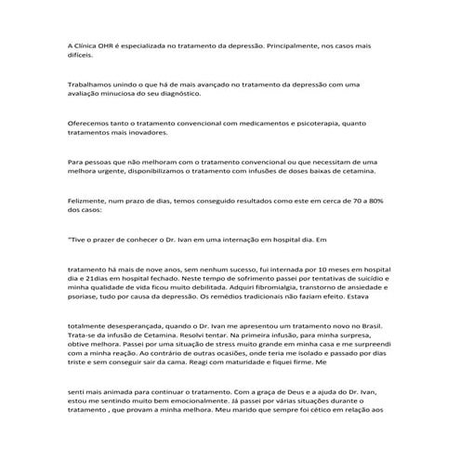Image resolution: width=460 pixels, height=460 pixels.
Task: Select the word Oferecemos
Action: [90, 123]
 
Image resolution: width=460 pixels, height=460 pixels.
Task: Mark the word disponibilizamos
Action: [172, 171]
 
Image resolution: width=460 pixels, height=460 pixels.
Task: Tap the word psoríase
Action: [86, 298]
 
